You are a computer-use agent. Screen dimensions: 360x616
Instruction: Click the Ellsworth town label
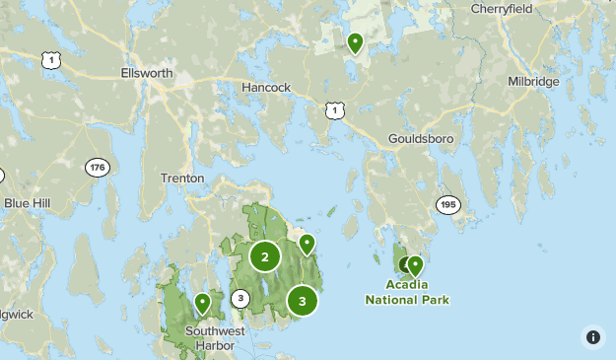[x=146, y=74]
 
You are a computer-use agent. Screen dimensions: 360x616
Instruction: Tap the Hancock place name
[x=266, y=88]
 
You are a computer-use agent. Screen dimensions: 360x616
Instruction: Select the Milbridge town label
[x=533, y=81]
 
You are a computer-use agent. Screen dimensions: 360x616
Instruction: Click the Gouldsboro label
[x=421, y=139]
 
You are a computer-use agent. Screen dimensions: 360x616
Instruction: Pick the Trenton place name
[x=182, y=179]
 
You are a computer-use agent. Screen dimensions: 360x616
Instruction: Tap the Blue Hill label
[x=26, y=203]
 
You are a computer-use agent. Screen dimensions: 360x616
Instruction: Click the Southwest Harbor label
[x=210, y=338]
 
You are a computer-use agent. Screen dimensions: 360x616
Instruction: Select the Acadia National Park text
[x=407, y=292]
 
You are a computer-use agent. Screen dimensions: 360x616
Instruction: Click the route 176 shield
[x=97, y=169]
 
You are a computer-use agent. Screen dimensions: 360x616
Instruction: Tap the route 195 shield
[x=448, y=204]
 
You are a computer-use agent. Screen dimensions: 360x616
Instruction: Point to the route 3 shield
[x=240, y=298]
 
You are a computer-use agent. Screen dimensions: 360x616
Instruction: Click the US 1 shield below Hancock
[x=335, y=110]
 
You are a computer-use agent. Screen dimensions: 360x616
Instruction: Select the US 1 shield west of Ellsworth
[x=49, y=61]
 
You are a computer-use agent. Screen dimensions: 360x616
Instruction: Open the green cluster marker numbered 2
[x=264, y=256]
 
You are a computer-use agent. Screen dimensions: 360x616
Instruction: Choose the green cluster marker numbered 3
[x=303, y=301]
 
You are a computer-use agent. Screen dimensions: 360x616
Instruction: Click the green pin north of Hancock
[x=355, y=42]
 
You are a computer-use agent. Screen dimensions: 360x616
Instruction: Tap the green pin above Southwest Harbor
[x=202, y=303]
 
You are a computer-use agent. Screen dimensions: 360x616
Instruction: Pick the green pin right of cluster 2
[x=307, y=243]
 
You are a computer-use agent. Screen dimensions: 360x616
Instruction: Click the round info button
[x=593, y=337]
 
